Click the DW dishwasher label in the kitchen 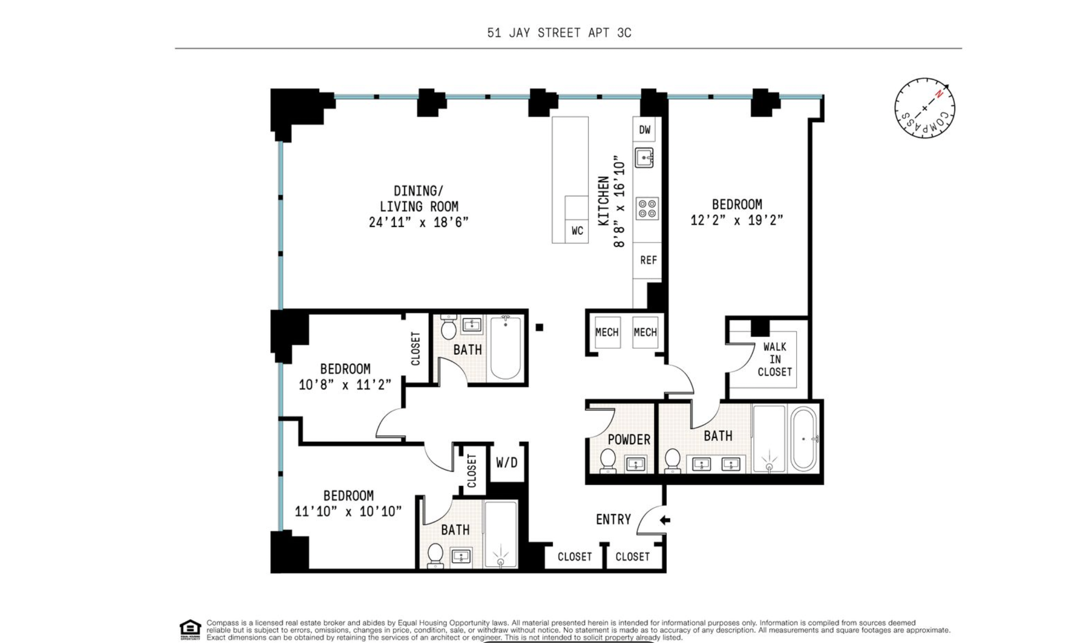[x=644, y=130]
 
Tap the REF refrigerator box [x=648, y=260]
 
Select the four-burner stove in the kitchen [x=648, y=208]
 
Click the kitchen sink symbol [x=644, y=157]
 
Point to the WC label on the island [x=577, y=231]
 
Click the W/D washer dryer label [x=506, y=462]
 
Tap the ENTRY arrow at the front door [x=665, y=520]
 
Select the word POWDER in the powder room [x=629, y=439]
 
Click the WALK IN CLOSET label [x=775, y=359]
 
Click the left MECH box [x=607, y=332]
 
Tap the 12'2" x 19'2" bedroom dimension [x=737, y=220]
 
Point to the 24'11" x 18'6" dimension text [x=418, y=222]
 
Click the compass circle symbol [x=924, y=108]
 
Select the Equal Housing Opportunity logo [x=190, y=630]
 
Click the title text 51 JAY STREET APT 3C [x=559, y=33]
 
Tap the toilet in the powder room [x=608, y=461]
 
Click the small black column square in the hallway [x=539, y=327]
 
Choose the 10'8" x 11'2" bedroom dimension [x=345, y=384]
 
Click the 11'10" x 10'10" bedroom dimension [x=348, y=511]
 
